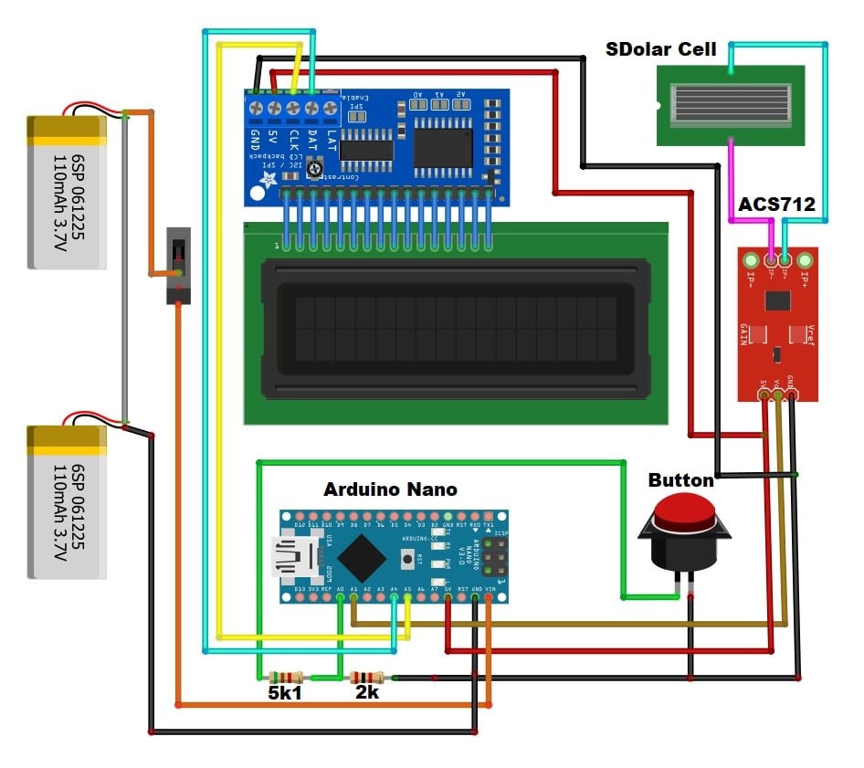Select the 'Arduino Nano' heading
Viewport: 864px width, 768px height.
pyautogui.click(x=390, y=489)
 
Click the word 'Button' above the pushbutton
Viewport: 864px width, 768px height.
pyautogui.click(x=680, y=480)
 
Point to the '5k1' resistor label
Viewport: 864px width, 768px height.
pyautogui.click(x=286, y=693)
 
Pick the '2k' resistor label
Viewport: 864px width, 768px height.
pyautogui.click(x=367, y=693)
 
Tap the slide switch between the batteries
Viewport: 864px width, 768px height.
pyautogui.click(x=178, y=265)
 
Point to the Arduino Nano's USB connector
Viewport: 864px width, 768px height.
pyautogui.click(x=294, y=556)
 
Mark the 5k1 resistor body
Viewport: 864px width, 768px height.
pyautogui.click(x=286, y=677)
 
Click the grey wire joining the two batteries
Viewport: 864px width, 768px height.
pyautogui.click(x=124, y=274)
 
